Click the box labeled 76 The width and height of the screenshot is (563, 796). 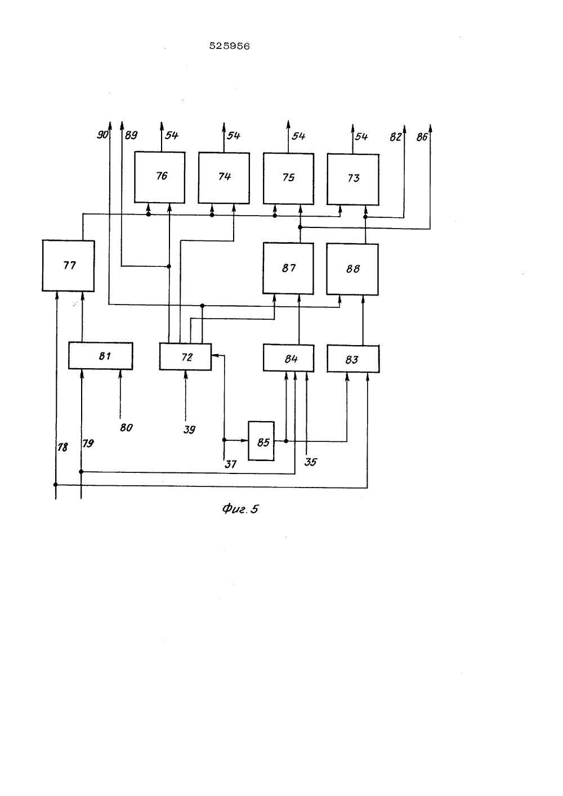[x=159, y=177]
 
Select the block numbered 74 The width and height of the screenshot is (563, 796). [x=224, y=178]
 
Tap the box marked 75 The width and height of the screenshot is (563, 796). [x=288, y=179]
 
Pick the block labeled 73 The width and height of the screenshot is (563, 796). [x=353, y=180]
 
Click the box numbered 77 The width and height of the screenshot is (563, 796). [x=68, y=266]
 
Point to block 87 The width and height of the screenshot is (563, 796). [x=288, y=269]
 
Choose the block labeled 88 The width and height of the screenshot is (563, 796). [x=352, y=269]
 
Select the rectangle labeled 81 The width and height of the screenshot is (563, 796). [x=101, y=356]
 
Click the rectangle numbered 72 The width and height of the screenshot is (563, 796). [x=186, y=357]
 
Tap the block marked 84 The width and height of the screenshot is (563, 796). [x=289, y=358]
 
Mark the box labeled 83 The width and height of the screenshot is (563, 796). [x=354, y=359]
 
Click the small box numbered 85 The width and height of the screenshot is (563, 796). [x=261, y=441]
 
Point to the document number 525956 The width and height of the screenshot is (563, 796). [x=230, y=46]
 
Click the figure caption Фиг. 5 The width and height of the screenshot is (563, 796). [x=240, y=509]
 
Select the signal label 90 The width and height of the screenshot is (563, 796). [x=102, y=135]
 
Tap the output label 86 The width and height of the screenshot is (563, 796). [x=422, y=137]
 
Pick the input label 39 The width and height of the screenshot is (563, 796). [x=189, y=430]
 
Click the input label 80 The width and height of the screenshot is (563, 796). [x=126, y=427]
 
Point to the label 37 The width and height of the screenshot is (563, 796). [x=231, y=464]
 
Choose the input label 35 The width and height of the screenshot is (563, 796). [x=310, y=462]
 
